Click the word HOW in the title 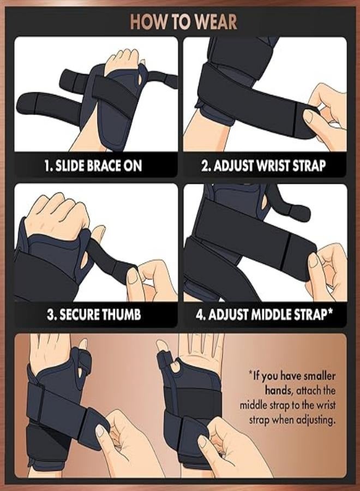point(147,22)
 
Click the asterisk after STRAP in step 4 point(331,313)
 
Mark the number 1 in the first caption point(47,165)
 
